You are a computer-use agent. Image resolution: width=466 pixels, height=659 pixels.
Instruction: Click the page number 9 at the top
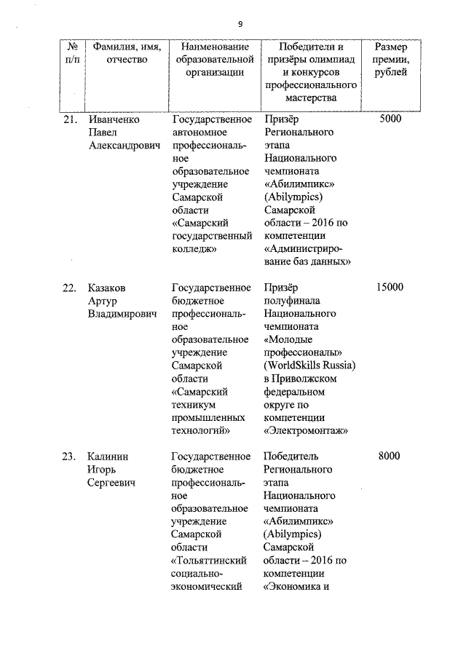(x=240, y=22)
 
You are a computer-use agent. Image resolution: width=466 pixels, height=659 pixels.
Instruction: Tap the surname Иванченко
(x=113, y=119)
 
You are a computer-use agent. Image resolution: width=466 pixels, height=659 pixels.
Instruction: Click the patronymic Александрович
(x=123, y=146)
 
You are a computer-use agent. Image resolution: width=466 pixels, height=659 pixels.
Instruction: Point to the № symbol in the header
(x=73, y=46)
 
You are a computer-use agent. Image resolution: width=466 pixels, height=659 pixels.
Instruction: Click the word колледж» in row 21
(x=196, y=249)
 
